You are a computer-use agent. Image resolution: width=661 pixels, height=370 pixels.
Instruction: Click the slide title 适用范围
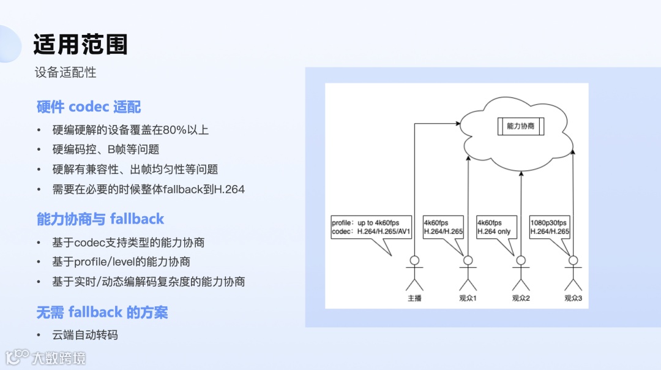click(80, 45)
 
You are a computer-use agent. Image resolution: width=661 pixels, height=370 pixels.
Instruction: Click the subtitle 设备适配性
click(65, 72)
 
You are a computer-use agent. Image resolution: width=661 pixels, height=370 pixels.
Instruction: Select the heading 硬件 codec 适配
click(89, 107)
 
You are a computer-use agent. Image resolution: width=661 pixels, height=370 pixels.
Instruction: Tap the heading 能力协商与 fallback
click(100, 219)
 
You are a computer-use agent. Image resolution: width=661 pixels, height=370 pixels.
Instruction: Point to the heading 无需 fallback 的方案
click(102, 312)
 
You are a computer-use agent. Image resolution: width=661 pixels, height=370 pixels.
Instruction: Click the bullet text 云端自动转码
click(85, 334)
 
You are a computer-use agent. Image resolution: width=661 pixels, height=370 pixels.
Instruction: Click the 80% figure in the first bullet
click(174, 130)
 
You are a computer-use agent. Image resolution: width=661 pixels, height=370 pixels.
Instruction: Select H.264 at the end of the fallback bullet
click(228, 189)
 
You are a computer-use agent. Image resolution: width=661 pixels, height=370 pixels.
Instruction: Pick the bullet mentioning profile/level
click(121, 262)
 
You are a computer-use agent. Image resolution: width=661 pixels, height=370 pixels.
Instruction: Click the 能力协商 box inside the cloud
click(520, 126)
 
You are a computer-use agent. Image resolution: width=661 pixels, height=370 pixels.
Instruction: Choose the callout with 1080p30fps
click(550, 228)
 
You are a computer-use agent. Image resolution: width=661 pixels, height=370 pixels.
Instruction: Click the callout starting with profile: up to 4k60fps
click(371, 228)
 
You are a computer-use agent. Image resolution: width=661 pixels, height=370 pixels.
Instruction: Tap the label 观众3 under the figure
click(573, 298)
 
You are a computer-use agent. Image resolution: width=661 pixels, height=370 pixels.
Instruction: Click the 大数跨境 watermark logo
click(45, 357)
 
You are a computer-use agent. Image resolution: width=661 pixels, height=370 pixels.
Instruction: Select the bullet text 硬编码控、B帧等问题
click(106, 149)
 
